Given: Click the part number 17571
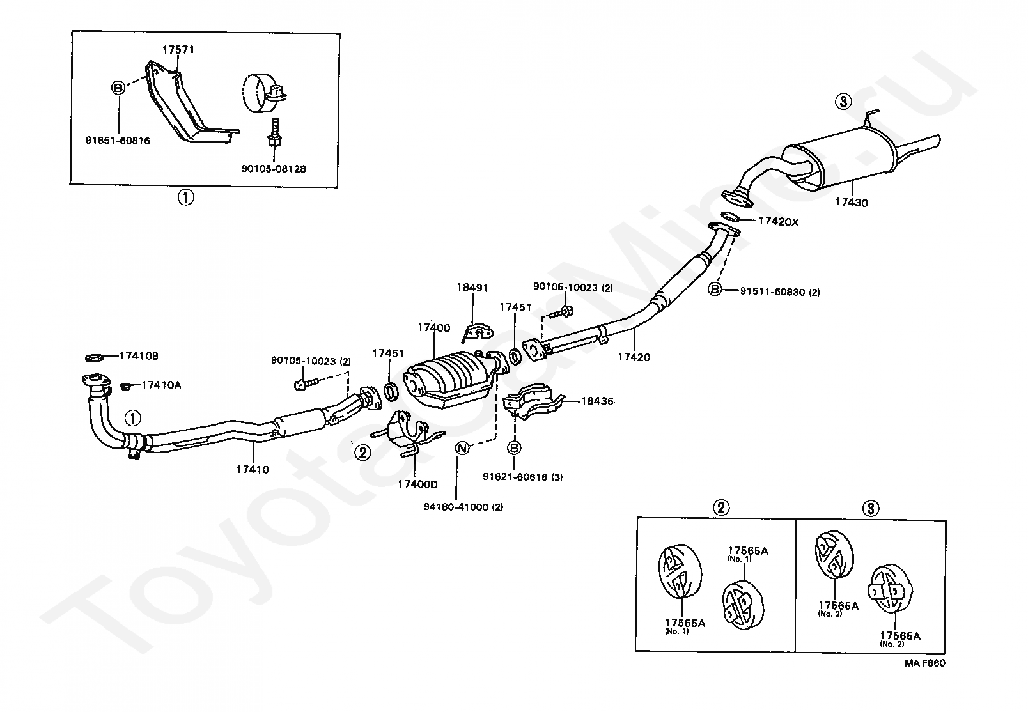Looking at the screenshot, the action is point(178,50).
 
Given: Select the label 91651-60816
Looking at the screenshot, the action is point(118,141).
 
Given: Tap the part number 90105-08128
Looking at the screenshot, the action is point(274,169).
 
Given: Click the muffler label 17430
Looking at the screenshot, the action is point(852,203).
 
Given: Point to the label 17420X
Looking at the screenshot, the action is point(778,222).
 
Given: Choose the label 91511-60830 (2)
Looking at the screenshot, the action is point(780,292).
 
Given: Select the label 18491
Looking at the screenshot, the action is point(472,288).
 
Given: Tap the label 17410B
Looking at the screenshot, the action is point(139,356).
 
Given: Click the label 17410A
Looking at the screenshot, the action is point(161,385).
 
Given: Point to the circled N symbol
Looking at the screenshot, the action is point(462,448).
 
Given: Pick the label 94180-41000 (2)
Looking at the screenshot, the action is point(463,507).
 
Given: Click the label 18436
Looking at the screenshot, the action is point(597,401).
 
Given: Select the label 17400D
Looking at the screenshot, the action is point(417,484).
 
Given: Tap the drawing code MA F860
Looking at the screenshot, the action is point(925,663).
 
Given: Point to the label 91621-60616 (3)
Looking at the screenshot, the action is point(523,477).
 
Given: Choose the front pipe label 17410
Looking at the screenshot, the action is point(253,469).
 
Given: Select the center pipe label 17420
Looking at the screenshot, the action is point(634,357).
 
